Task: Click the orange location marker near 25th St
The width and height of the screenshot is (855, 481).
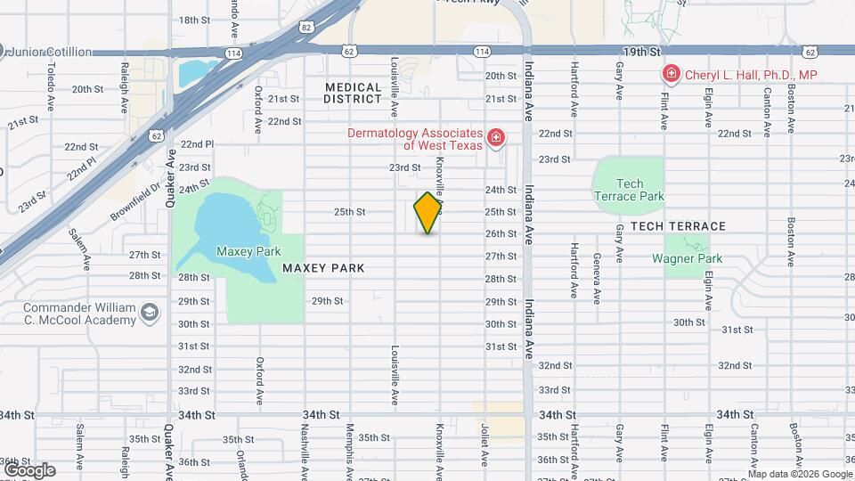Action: tap(428, 213)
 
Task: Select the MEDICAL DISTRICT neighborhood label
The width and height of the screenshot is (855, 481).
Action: tap(353, 94)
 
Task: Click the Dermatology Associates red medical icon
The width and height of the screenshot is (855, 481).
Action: tap(496, 138)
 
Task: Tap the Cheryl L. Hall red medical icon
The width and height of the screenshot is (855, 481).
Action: tap(670, 75)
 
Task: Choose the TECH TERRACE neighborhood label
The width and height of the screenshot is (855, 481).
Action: tap(678, 226)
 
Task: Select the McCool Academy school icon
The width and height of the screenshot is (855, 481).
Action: tap(150, 312)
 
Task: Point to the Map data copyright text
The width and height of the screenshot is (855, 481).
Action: tap(800, 474)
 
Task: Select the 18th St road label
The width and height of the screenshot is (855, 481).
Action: tap(193, 20)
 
